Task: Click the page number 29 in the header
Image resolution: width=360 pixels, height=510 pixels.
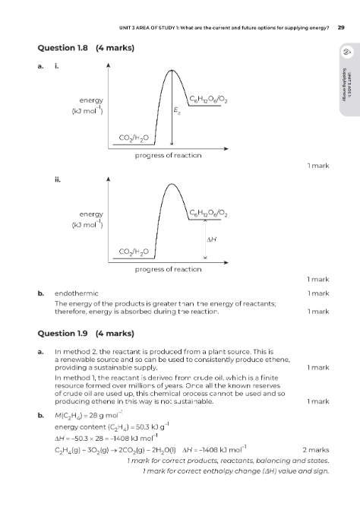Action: pyautogui.click(x=341, y=27)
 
